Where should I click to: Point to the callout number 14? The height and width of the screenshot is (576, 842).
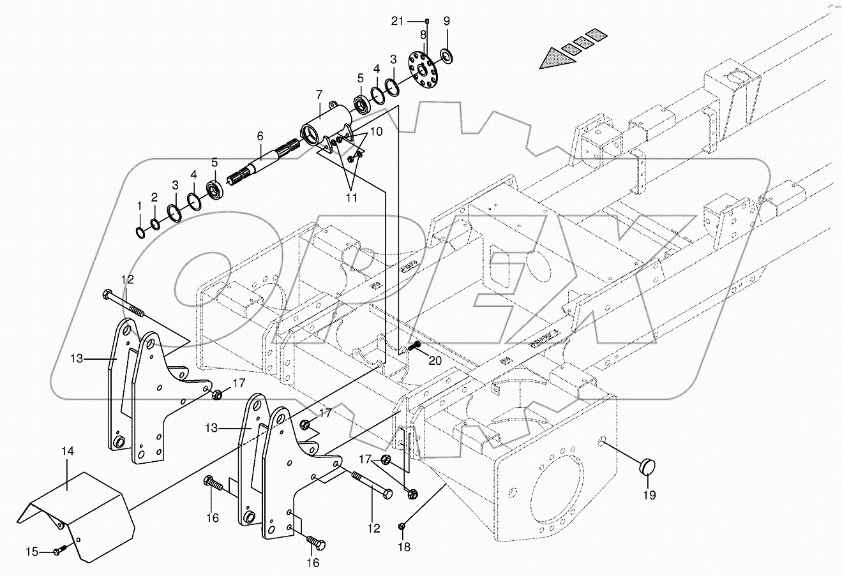tap(68, 451)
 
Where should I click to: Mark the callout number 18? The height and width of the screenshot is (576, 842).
tap(404, 547)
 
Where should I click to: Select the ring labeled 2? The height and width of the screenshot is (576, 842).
tap(154, 224)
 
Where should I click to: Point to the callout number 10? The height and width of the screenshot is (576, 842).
tap(376, 131)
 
